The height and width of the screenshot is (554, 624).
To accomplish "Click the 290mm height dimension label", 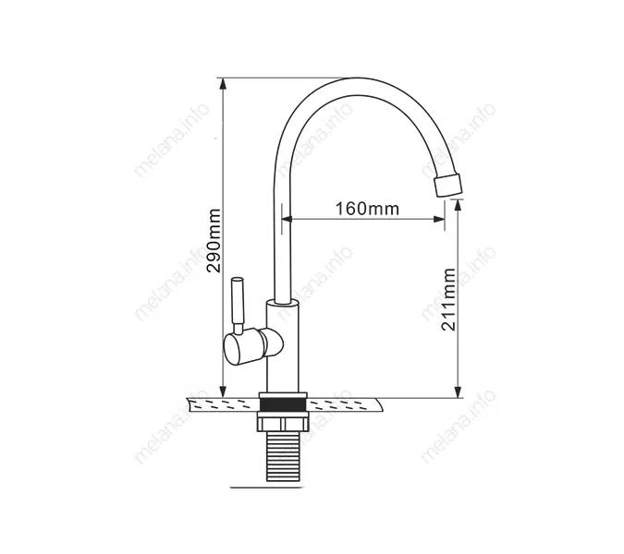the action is [x=214, y=240].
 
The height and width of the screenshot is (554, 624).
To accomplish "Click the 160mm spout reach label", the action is [x=367, y=209].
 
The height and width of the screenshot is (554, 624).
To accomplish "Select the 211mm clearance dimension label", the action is [x=448, y=299].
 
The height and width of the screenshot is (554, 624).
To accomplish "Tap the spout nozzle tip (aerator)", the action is [x=448, y=185].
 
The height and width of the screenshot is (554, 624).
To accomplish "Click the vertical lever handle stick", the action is [x=238, y=306].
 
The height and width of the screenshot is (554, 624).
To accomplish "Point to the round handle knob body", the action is [x=243, y=348].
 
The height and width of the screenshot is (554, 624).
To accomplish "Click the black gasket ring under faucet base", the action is [x=283, y=404].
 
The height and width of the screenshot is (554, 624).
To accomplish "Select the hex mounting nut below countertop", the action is [x=283, y=422].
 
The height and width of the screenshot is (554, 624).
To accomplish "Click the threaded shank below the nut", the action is [x=283, y=456].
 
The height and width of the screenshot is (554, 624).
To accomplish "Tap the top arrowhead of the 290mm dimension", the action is [x=224, y=84].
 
